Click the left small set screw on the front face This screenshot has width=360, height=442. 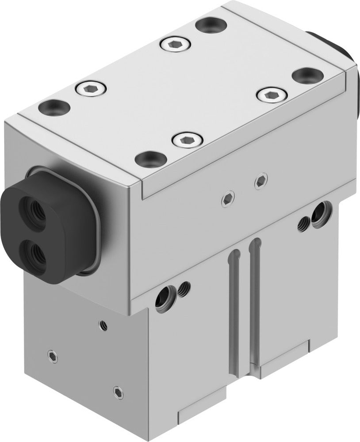point(228,200)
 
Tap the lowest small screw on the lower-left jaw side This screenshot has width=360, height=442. point(117,390)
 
